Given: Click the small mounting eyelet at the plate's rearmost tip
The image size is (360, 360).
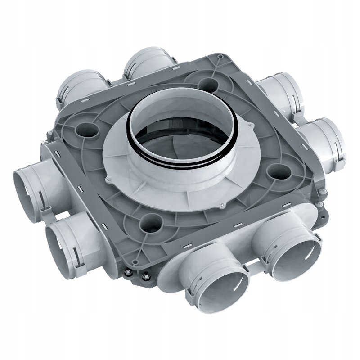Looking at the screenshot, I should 219,56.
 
